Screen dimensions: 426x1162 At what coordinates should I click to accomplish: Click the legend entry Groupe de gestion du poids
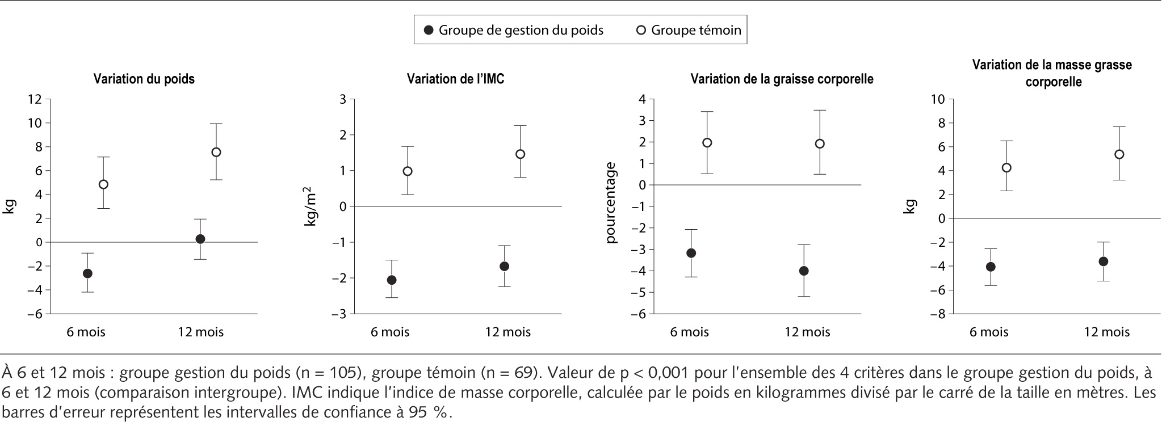point(514,30)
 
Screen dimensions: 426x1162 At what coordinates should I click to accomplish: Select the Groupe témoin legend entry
point(689,30)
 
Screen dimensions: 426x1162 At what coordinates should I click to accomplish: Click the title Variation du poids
point(144,79)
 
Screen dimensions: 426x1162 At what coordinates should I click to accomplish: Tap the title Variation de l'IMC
point(455,79)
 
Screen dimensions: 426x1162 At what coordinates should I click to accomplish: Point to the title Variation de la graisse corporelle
point(782,79)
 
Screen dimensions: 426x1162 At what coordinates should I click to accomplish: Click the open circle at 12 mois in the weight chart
point(216,152)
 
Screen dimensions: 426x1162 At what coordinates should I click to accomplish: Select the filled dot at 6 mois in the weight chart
point(87,273)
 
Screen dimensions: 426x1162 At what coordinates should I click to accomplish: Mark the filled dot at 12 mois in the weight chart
point(200,239)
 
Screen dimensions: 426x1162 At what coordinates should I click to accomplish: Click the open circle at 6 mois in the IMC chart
point(407,171)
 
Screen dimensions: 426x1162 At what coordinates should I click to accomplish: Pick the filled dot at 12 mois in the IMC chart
point(504,266)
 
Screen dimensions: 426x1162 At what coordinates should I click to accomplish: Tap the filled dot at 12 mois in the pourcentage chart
point(804,271)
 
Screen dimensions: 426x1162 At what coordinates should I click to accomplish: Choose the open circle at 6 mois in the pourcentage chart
point(707,143)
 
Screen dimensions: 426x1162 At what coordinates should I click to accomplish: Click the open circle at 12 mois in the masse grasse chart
point(1119,154)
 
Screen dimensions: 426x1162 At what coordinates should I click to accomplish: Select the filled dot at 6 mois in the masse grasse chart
point(991,267)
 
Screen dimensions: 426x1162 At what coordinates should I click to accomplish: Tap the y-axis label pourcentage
point(611,203)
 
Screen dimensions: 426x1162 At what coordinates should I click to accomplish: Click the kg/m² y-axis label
point(311,209)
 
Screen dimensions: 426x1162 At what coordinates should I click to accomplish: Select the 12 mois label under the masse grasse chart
point(1107,332)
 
